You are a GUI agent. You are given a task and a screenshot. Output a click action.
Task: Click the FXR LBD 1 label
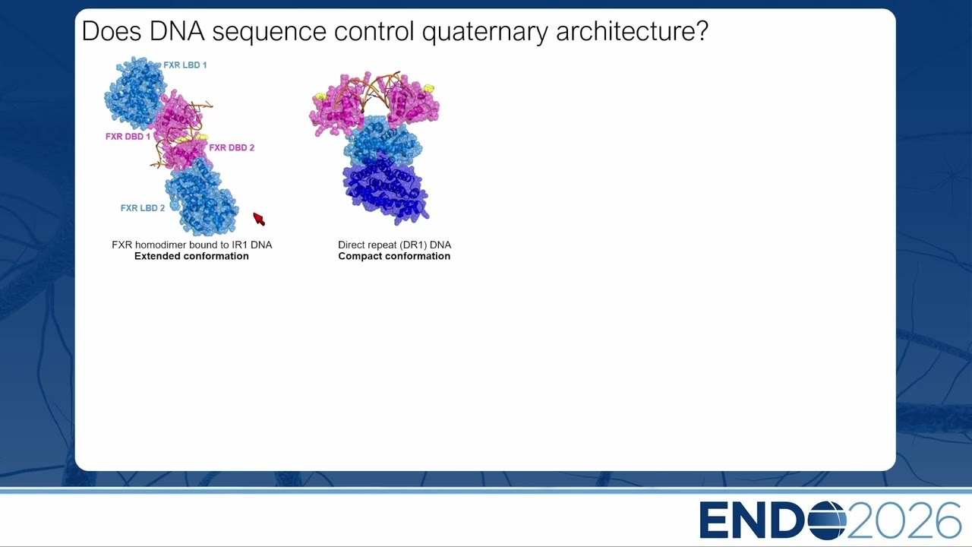[x=185, y=65]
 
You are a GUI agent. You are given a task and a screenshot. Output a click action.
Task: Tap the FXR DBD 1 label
[x=128, y=136]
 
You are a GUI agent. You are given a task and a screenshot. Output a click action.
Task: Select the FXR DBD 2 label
[x=232, y=147]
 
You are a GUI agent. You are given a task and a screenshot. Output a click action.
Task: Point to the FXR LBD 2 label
[x=143, y=208]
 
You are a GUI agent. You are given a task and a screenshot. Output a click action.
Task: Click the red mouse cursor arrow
[x=259, y=219]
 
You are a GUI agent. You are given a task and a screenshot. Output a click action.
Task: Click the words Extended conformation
[x=191, y=256]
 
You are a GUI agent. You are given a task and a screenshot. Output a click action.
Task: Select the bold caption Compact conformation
[x=394, y=256]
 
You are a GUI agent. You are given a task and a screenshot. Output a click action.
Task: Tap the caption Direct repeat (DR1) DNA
[x=394, y=245]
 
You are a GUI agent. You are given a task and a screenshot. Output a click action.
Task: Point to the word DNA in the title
[x=177, y=31]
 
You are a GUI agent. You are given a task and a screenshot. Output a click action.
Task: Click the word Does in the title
[x=112, y=31]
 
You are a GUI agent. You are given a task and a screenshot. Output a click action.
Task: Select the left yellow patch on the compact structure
[x=320, y=96]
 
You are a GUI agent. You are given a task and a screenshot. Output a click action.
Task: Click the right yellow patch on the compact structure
[x=429, y=88]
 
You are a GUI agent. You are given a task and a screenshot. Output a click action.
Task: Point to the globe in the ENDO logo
[x=827, y=520]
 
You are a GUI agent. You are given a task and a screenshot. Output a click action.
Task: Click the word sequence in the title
[x=269, y=33]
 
